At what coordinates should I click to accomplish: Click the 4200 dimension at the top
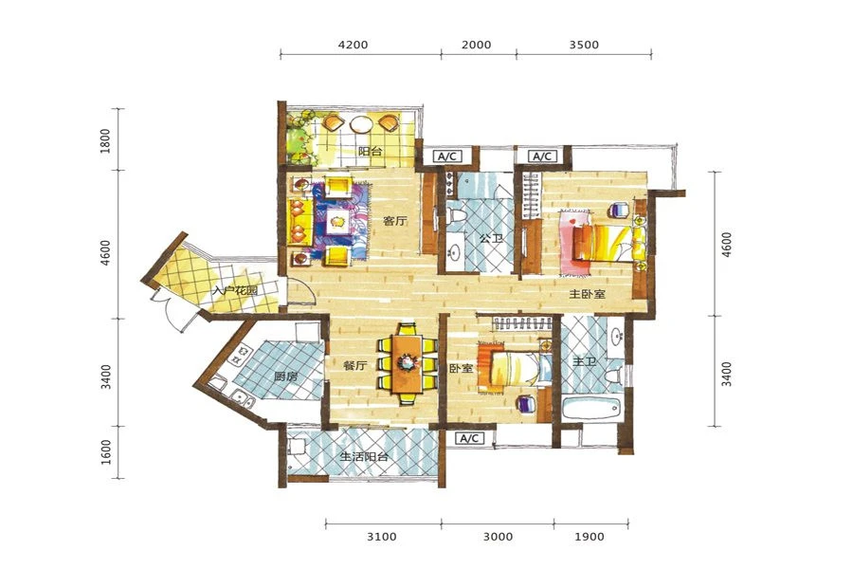(x=354, y=45)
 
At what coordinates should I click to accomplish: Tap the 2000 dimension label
(x=477, y=45)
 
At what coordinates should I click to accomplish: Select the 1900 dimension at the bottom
(x=590, y=537)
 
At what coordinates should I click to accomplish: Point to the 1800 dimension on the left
(x=105, y=140)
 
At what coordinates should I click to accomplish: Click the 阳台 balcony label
(x=370, y=151)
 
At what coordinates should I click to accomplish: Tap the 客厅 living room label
(x=395, y=221)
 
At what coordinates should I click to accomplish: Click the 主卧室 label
(x=588, y=294)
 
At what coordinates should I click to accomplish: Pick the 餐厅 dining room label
(x=354, y=366)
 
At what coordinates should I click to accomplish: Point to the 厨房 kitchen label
(x=285, y=376)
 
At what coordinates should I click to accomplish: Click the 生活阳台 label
(x=364, y=456)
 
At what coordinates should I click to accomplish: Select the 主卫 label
(x=585, y=361)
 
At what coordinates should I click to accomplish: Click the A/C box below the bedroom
(x=469, y=438)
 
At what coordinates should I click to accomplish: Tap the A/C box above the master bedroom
(x=542, y=156)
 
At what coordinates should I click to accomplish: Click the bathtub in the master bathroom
(x=592, y=407)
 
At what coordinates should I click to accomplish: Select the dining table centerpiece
(x=406, y=361)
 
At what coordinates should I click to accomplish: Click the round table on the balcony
(x=361, y=124)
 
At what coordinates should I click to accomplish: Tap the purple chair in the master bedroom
(x=619, y=209)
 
